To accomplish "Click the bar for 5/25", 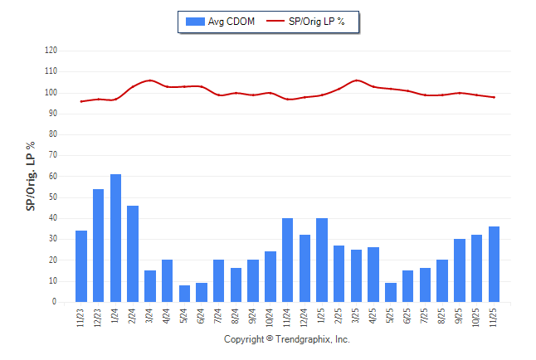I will click(x=391, y=293).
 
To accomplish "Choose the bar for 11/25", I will click(x=495, y=265).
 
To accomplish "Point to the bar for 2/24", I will click(x=133, y=254).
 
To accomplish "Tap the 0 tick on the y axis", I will click(x=55, y=302).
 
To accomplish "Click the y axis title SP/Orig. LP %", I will click(x=31, y=176).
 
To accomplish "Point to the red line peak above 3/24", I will click(x=150, y=80).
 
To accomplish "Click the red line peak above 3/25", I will click(x=357, y=80).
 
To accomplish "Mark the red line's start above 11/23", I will click(x=81, y=101).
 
